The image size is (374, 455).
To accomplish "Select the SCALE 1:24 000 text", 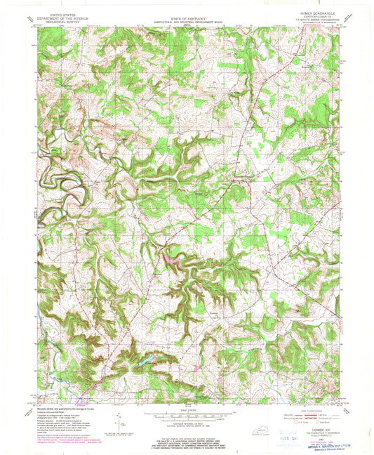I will (x=185, y=409).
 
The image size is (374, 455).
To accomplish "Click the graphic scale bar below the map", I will (x=185, y=415).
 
